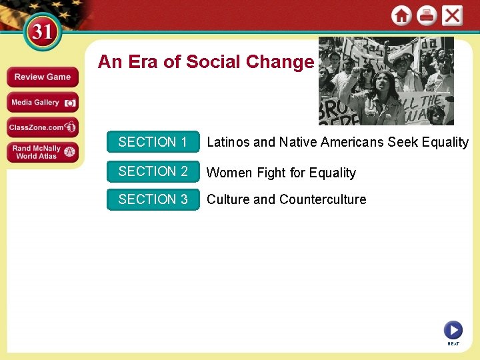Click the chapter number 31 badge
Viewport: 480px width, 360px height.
pyautogui.click(x=43, y=32)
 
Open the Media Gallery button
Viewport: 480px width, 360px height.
pyautogui.click(x=43, y=102)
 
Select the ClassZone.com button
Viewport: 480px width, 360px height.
pyautogui.click(x=43, y=127)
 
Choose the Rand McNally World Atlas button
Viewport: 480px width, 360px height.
pyautogui.click(x=43, y=152)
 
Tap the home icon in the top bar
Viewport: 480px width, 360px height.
pyautogui.click(x=401, y=15)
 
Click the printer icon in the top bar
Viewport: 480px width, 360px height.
pyautogui.click(x=427, y=15)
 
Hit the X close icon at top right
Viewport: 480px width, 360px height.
pyautogui.click(x=452, y=15)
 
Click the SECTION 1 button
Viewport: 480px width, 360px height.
pyautogui.click(x=153, y=142)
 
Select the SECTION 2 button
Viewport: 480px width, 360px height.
pyautogui.click(x=153, y=171)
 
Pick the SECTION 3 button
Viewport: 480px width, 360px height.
pyautogui.click(x=153, y=199)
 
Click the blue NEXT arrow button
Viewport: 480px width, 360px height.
pyautogui.click(x=453, y=329)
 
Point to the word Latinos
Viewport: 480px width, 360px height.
pyautogui.click(x=229, y=142)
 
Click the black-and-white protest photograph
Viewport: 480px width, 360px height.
pyautogui.click(x=386, y=81)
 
